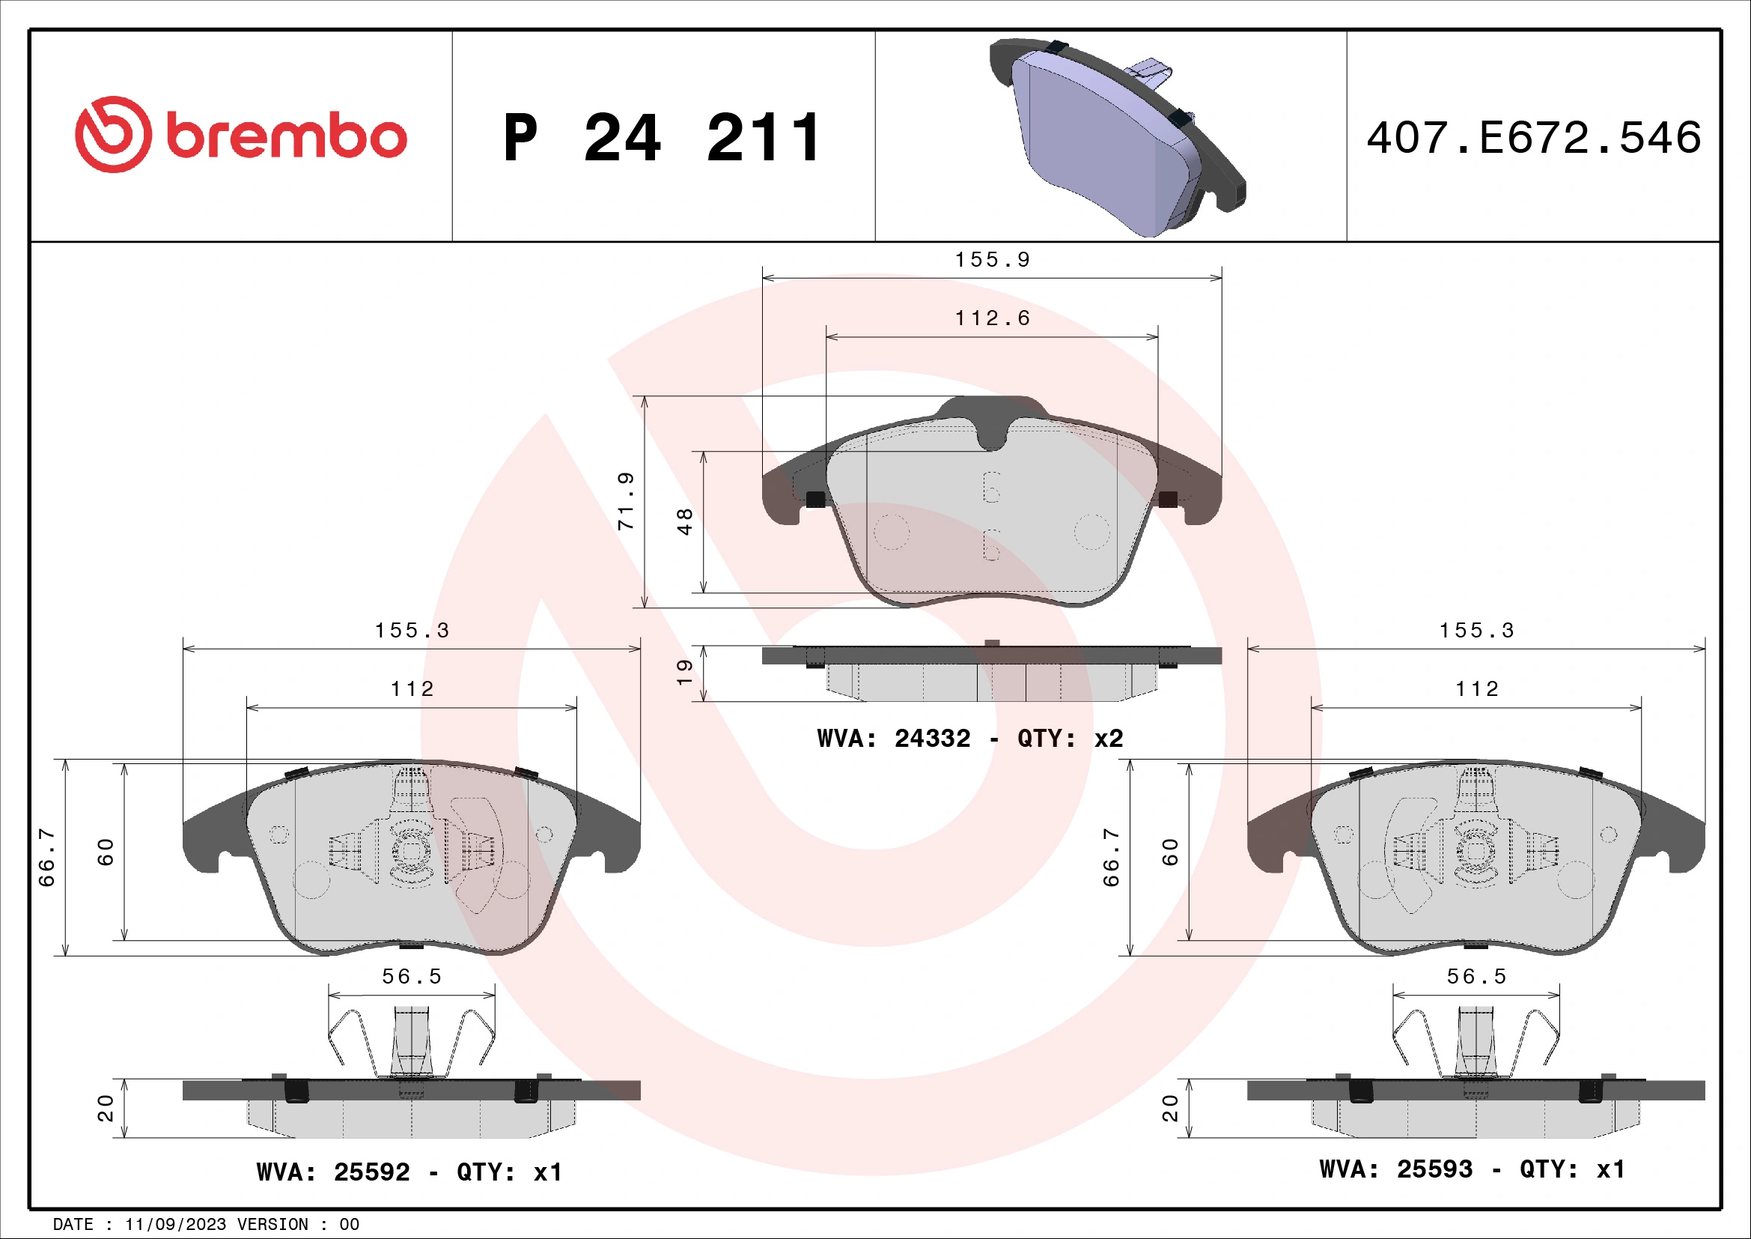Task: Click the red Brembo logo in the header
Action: pos(241,135)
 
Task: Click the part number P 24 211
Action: pos(662,138)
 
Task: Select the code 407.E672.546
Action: pos(1533,138)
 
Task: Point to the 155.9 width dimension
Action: pos(991,260)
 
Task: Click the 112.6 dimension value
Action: pos(991,318)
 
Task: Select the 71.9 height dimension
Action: pos(626,501)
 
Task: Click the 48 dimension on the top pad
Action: pos(685,522)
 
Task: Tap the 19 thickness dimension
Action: pos(685,672)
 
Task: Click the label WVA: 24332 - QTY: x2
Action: pos(969,739)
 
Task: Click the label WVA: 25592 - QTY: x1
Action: pos(409,1172)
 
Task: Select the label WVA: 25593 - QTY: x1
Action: pos(1472,1169)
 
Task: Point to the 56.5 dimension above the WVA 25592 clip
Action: pos(412,977)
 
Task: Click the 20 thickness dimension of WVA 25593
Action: pos(1170,1109)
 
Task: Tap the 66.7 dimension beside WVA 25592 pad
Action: pos(47,858)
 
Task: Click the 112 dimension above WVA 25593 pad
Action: pos(1476,689)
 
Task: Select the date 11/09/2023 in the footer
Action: pos(175,1225)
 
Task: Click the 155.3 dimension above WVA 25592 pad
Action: pos(412,631)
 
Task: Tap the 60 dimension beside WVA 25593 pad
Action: pos(1170,852)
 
